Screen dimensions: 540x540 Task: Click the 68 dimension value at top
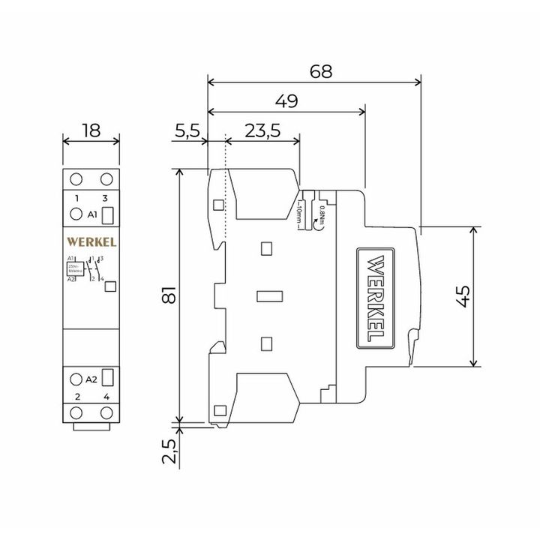point(319,70)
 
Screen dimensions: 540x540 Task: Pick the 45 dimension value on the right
point(463,296)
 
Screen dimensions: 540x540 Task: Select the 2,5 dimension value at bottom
point(169,453)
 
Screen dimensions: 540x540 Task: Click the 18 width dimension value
point(91,130)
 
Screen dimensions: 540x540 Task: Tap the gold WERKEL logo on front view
point(91,241)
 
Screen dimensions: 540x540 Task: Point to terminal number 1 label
point(76,197)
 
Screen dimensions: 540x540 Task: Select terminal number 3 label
point(105,197)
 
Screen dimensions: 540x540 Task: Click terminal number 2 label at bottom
point(76,396)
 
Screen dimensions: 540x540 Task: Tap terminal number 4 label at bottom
point(106,396)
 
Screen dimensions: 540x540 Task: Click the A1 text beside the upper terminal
point(92,215)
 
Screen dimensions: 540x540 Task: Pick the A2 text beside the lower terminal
point(91,379)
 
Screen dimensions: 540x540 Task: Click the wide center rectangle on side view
point(268,295)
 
